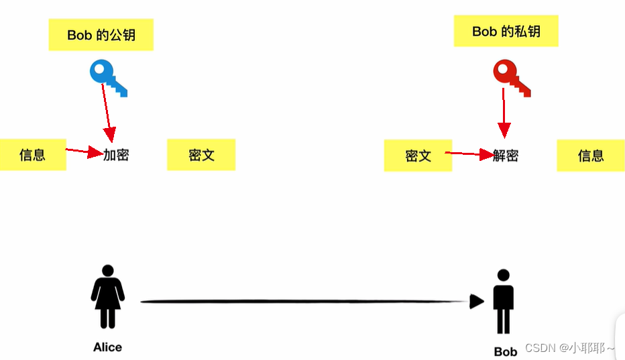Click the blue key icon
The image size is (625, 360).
[107, 76]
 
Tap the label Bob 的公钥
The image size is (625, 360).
[101, 35]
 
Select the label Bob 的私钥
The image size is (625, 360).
[506, 32]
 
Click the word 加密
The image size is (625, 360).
[116, 155]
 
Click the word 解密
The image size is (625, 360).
[506, 156]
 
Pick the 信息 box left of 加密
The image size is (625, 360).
[32, 155]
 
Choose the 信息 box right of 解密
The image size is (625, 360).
[591, 156]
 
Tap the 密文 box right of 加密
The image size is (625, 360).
[201, 155]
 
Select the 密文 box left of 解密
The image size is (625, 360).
[418, 156]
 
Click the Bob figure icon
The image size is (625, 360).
[504, 302]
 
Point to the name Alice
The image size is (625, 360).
[107, 347]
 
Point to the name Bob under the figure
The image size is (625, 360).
[505, 351]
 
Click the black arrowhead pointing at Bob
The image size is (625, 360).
[476, 302]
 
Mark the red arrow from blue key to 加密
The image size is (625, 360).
[108, 114]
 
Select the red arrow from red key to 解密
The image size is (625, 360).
[504, 114]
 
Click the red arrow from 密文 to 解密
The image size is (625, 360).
[469, 154]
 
